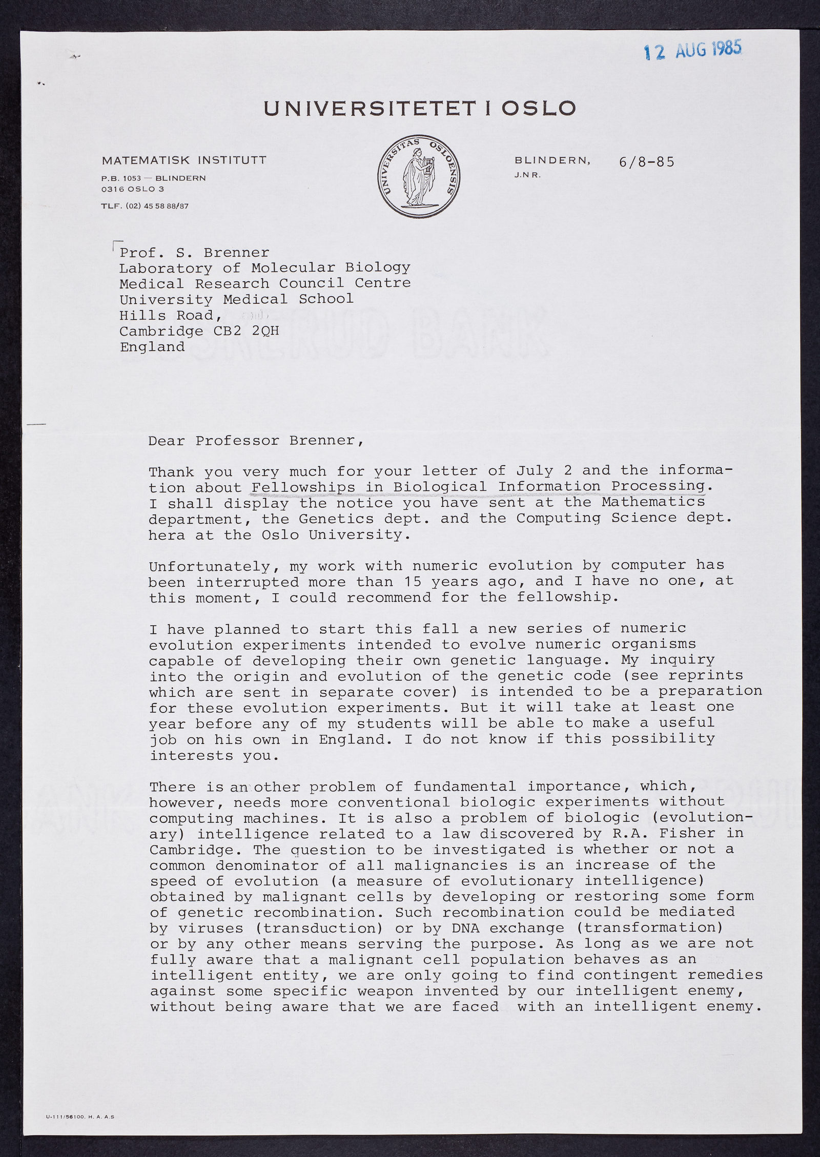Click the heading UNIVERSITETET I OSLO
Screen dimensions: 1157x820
(420, 108)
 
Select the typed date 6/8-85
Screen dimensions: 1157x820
(646, 162)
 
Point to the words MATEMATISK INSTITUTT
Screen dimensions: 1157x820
(184, 160)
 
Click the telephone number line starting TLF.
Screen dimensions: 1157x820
(145, 206)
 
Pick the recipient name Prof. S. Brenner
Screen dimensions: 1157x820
(194, 253)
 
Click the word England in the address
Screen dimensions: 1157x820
(152, 347)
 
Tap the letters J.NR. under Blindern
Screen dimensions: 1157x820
(528, 175)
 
